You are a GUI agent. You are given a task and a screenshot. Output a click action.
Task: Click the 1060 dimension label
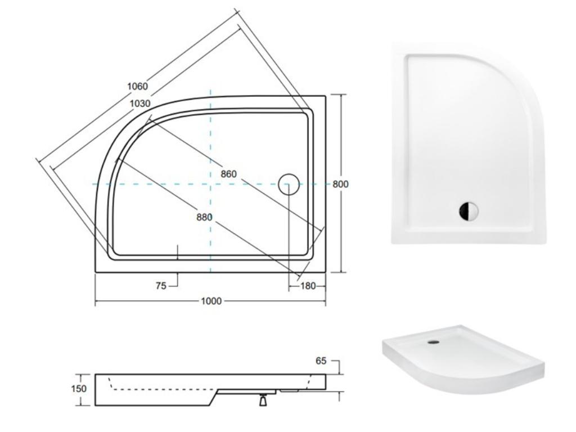tap(137, 86)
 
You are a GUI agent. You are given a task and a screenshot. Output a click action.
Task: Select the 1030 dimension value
tap(140, 103)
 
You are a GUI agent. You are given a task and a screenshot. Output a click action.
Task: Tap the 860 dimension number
tap(228, 174)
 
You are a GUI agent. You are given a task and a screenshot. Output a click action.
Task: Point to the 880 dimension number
tap(204, 217)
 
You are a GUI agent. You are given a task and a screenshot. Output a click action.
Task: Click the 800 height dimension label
tap(340, 184)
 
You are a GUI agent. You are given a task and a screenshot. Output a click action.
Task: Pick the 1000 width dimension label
tap(211, 301)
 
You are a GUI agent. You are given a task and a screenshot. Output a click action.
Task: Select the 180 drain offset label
tap(308, 286)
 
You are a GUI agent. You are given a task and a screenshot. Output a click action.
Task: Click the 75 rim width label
tap(161, 286)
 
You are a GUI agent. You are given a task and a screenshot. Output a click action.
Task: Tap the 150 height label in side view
tap(79, 389)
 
